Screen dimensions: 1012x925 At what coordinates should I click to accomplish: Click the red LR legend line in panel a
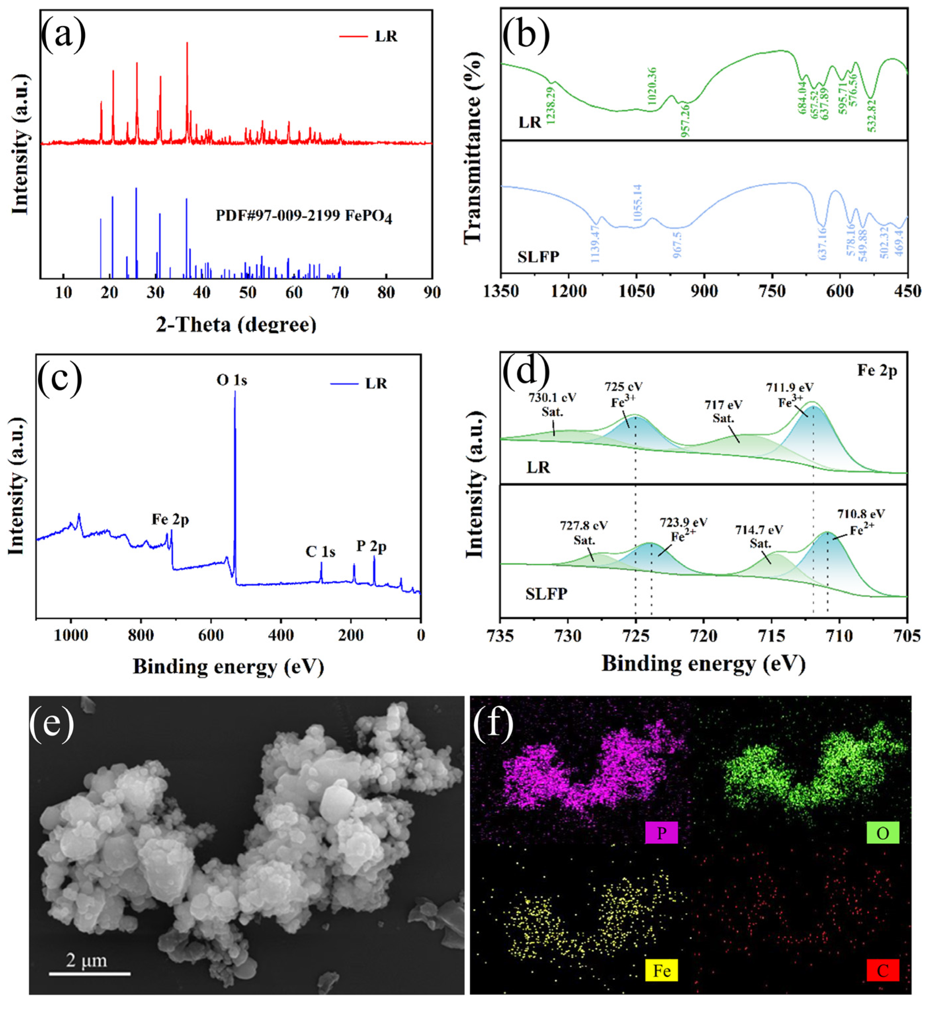click(354, 36)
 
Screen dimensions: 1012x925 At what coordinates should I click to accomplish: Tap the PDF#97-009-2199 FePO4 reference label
click(303, 216)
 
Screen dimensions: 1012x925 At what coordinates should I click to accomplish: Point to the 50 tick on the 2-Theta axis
click(248, 293)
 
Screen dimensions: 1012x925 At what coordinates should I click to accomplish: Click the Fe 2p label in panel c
click(170, 519)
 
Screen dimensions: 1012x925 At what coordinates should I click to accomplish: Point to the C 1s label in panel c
click(320, 552)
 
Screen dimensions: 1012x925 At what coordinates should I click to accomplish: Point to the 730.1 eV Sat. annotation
click(552, 405)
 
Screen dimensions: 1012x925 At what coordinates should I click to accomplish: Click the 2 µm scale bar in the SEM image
click(89, 973)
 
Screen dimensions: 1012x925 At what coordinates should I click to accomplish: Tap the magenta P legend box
click(661, 833)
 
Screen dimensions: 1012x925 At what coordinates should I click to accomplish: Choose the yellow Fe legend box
click(661, 970)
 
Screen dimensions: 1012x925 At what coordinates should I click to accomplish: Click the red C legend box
click(882, 970)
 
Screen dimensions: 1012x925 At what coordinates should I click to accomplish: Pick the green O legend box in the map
click(882, 833)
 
